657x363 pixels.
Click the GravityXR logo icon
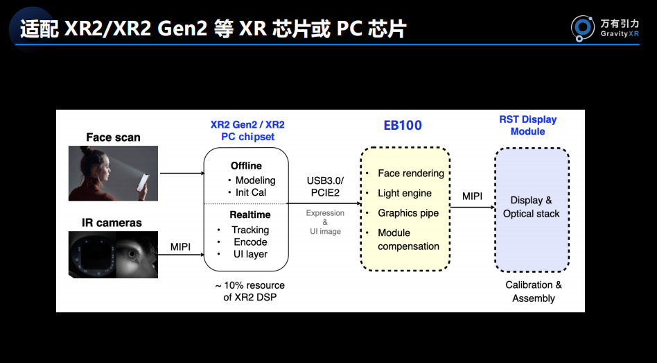582,28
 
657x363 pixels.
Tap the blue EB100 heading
403,126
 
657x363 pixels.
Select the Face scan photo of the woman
113,174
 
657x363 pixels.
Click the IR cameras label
112,222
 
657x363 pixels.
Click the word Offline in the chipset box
246,166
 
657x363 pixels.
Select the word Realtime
250,215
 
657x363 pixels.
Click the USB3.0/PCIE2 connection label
325,186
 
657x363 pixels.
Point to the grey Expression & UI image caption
325,222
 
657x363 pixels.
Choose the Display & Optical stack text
532,207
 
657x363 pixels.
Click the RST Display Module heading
528,126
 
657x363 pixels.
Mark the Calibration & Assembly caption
534,292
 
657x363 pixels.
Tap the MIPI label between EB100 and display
472,196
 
